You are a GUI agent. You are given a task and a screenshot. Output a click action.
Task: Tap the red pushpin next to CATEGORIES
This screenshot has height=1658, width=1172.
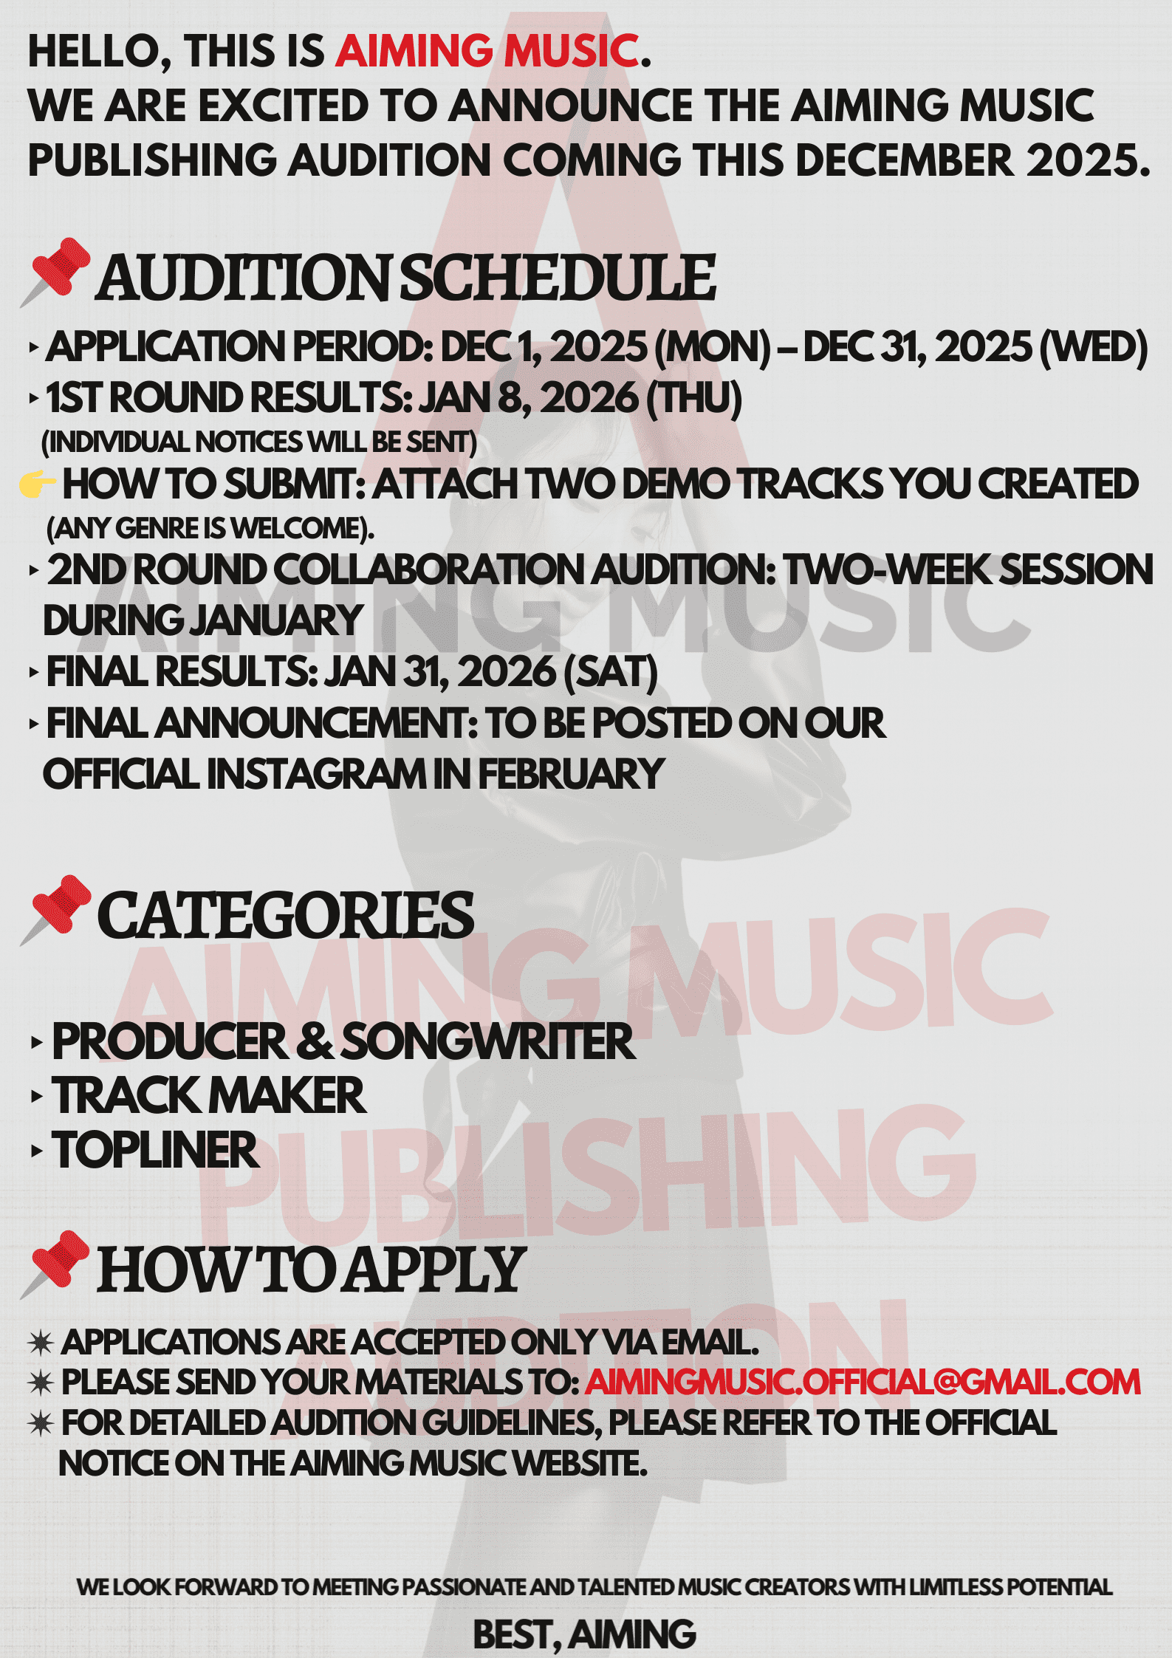coord(55,909)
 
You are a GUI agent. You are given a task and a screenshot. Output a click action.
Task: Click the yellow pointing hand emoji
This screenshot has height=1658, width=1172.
coord(38,483)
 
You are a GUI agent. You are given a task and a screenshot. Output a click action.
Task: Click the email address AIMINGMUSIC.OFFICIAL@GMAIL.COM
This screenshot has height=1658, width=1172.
coord(863,1383)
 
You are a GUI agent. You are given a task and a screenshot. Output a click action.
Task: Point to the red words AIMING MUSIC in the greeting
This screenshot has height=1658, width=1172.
coord(487,51)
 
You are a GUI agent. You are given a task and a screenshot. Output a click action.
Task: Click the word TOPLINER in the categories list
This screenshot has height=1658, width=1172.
coord(155,1150)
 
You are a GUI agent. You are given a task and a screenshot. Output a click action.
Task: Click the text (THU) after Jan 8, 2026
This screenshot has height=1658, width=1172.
coord(694,398)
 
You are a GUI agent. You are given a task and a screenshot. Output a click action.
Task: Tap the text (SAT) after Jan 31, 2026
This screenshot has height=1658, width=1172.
coord(610,672)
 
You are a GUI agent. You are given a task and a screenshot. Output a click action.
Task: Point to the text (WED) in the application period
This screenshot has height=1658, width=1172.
coord(1094,347)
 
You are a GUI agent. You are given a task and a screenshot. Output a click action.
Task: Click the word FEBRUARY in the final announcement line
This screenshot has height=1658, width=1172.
coord(572,774)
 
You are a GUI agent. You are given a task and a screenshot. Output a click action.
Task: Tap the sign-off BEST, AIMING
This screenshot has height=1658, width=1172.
coord(584,1634)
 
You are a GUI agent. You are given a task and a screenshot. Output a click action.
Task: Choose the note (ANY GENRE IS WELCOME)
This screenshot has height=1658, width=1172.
coord(210,528)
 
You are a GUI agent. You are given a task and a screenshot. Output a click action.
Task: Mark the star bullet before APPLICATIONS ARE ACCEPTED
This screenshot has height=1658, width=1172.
coord(41,1342)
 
